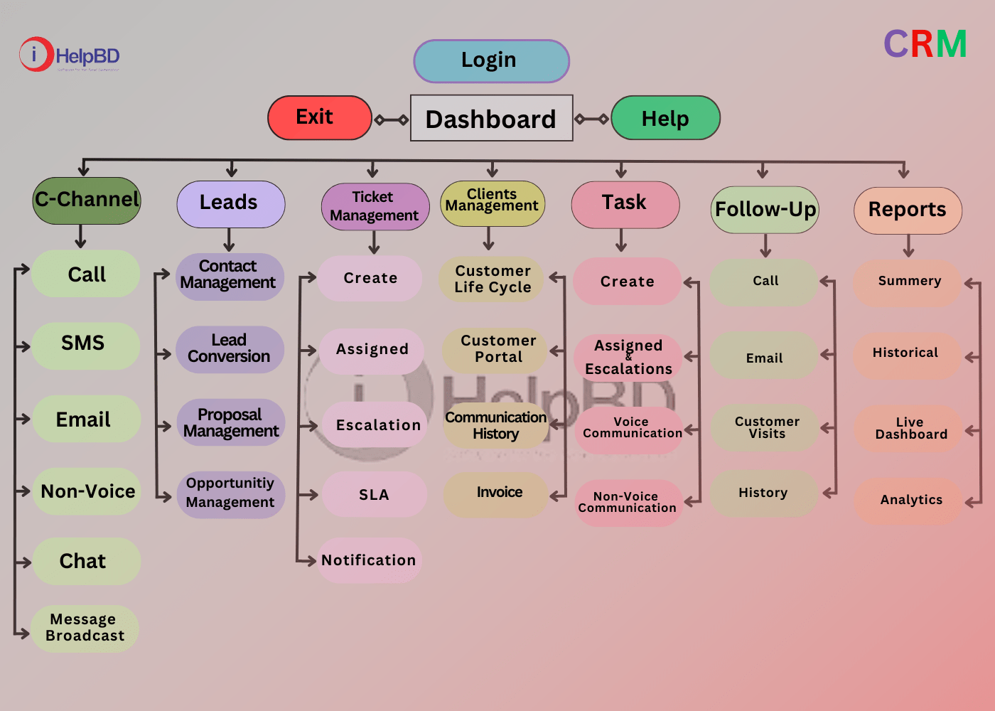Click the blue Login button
point(491,60)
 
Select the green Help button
point(665,118)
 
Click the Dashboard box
point(491,118)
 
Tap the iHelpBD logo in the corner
point(69,55)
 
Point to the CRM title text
point(925,44)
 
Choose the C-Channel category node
point(87,200)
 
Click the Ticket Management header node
point(375,206)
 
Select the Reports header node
point(908,210)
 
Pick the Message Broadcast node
point(85,628)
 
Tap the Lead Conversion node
point(229,348)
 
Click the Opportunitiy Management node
point(230,493)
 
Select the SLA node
point(374,494)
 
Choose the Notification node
point(369,560)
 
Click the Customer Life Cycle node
point(493,279)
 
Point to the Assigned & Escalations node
point(628,357)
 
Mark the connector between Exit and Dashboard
point(392,119)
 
